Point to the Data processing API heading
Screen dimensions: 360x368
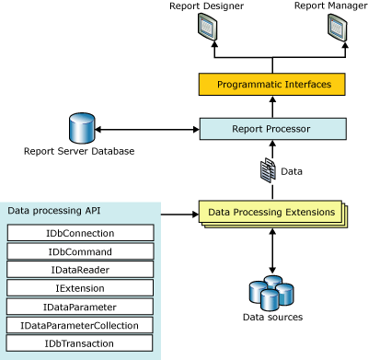pyautogui.click(x=53, y=211)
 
